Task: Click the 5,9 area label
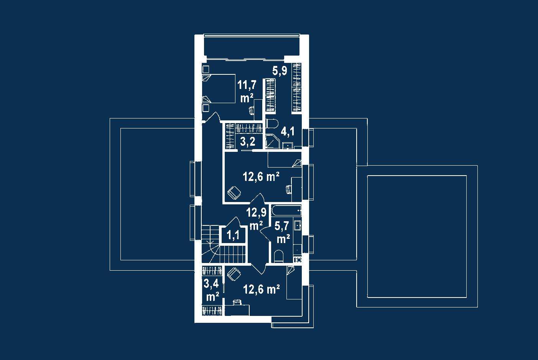[280, 71]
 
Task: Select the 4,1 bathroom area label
[288, 132]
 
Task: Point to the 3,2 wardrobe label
[248, 142]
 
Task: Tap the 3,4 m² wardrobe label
[211, 290]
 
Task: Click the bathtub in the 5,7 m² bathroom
[286, 210]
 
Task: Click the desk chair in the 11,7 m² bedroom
[251, 111]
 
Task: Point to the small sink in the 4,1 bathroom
[288, 146]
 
